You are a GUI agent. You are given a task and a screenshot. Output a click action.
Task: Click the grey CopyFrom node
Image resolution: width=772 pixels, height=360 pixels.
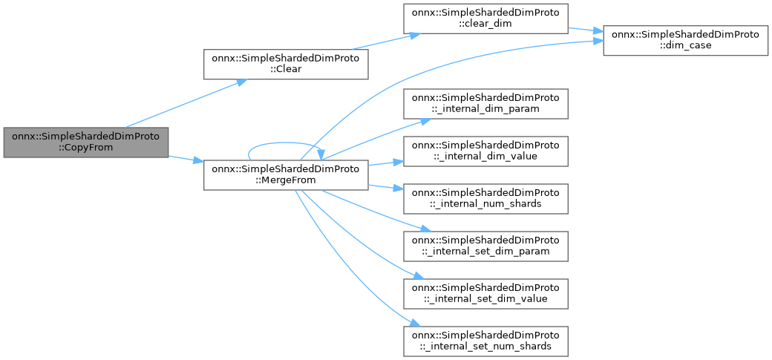pos(85,142)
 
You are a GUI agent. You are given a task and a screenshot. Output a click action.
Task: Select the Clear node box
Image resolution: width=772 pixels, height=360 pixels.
pos(286,65)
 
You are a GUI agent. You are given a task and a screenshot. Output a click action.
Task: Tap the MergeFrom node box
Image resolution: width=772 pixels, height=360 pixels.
pos(286,174)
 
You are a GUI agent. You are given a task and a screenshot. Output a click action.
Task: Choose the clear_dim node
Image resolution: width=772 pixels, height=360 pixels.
pos(485,18)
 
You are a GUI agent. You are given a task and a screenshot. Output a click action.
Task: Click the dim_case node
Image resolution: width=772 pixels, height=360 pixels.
pos(684,40)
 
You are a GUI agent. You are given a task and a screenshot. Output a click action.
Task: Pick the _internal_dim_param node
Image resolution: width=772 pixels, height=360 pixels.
pos(485,103)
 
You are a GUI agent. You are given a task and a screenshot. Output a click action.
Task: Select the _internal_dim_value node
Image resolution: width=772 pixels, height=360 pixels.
pos(485,151)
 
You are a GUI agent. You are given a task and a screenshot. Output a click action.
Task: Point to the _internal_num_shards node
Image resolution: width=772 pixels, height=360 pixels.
pos(485,198)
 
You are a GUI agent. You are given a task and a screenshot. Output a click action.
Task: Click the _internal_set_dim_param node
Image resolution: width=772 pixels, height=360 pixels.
pos(485,246)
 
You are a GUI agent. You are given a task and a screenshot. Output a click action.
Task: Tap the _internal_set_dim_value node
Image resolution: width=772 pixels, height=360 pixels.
pos(485,293)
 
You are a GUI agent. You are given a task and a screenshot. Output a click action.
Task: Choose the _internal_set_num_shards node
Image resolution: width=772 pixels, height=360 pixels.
pos(485,341)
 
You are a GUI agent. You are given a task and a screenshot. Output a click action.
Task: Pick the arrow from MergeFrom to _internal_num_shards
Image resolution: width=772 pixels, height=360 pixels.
pos(386,186)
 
